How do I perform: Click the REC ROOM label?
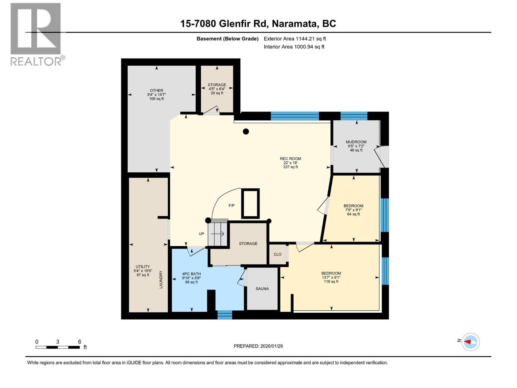(x=290, y=158)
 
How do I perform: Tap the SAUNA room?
(x=262, y=289)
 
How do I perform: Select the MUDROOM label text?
(x=356, y=142)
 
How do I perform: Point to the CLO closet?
(x=278, y=254)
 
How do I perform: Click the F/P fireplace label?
(x=232, y=205)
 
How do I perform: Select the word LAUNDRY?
(x=161, y=280)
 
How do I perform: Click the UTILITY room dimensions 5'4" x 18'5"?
(x=143, y=271)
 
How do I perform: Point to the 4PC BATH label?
(x=191, y=274)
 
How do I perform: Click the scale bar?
(x=58, y=347)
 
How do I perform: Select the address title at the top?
(x=258, y=24)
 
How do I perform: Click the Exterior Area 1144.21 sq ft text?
(x=295, y=39)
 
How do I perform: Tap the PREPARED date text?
(x=258, y=346)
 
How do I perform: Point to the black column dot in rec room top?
(x=246, y=132)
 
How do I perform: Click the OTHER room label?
(x=156, y=90)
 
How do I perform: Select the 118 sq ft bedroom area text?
(x=331, y=281)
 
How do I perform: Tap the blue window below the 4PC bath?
(x=225, y=315)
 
